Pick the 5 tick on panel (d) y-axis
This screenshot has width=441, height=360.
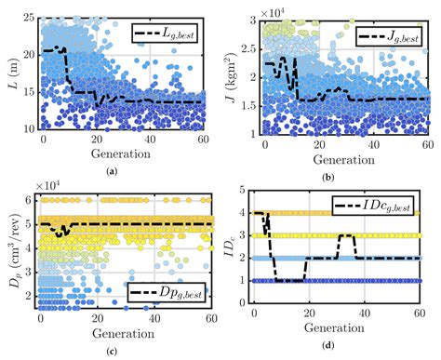pyautogui.click(x=244, y=191)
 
